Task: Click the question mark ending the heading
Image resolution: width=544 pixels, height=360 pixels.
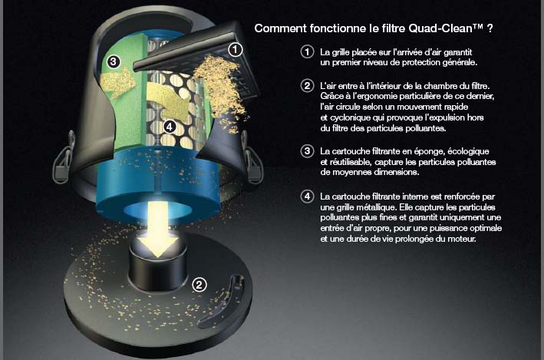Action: click(x=490, y=28)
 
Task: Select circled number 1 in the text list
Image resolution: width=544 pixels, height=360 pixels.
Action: click(x=307, y=52)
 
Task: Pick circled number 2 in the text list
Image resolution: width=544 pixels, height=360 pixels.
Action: click(x=307, y=85)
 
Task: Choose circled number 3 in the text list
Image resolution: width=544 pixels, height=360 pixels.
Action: click(x=307, y=151)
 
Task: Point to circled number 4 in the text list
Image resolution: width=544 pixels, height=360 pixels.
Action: click(x=307, y=197)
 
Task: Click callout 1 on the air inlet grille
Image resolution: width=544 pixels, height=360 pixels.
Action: click(x=235, y=50)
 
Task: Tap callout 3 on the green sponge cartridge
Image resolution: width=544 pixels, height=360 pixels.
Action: click(x=113, y=62)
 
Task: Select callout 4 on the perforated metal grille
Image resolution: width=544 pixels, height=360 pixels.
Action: click(x=170, y=127)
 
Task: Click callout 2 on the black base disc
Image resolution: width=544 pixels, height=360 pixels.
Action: click(x=199, y=285)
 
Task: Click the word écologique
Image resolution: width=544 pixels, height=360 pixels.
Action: click(x=468, y=152)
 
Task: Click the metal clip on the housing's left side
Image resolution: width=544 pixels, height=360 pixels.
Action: click(x=62, y=158)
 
